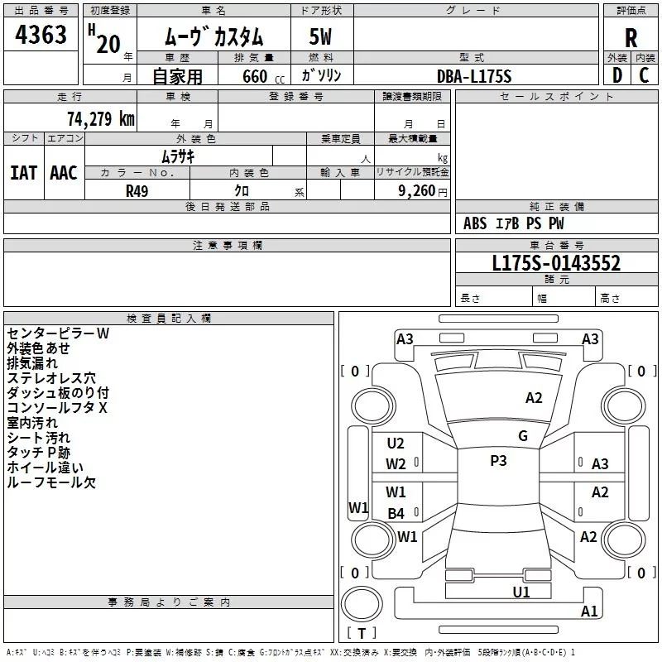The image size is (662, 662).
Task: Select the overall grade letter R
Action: tap(631, 37)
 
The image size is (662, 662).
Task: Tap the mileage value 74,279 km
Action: tap(99, 118)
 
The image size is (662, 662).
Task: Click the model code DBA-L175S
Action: tap(474, 76)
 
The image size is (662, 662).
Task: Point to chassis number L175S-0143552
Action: tap(556, 263)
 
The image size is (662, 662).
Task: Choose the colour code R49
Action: tap(137, 190)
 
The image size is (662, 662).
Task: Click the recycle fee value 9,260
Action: tap(416, 191)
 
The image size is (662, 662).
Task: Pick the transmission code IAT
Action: tap(23, 172)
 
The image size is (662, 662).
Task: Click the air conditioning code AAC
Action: tap(64, 172)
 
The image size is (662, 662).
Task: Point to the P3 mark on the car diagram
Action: tap(498, 461)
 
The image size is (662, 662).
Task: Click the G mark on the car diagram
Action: tap(523, 436)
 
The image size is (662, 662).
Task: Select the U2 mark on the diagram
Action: tap(396, 444)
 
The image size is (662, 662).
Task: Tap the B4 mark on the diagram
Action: tap(396, 514)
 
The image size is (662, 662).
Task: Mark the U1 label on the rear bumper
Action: tap(521, 592)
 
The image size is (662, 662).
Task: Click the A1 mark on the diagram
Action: tap(589, 612)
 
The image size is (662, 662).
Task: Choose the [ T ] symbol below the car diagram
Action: tap(362, 634)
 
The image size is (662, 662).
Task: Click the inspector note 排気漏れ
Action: tap(33, 363)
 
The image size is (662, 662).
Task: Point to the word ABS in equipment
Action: tap(475, 223)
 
